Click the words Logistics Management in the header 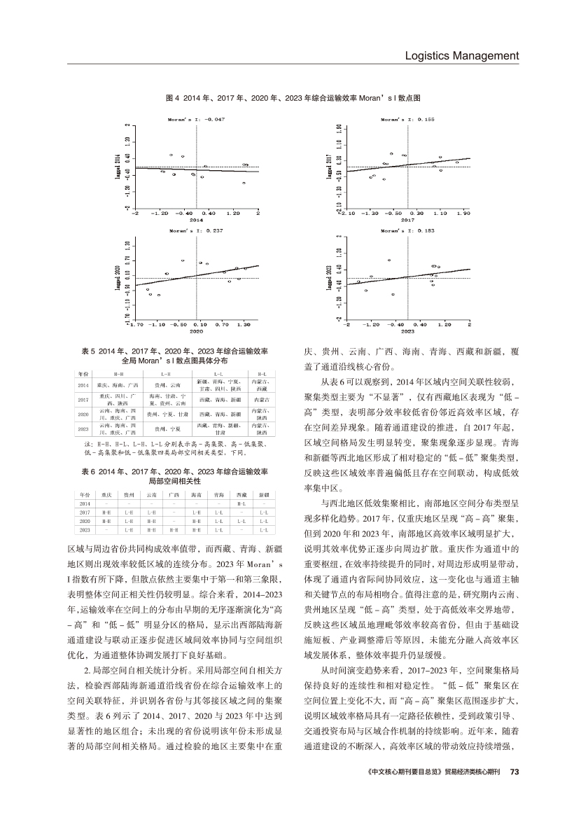point(462,55)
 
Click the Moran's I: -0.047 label point(197,120)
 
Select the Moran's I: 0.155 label point(408,120)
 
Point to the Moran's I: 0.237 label point(197,230)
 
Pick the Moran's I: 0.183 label point(408,230)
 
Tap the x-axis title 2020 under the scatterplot point(197,331)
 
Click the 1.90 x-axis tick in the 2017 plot point(463,212)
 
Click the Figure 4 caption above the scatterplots point(293,99)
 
